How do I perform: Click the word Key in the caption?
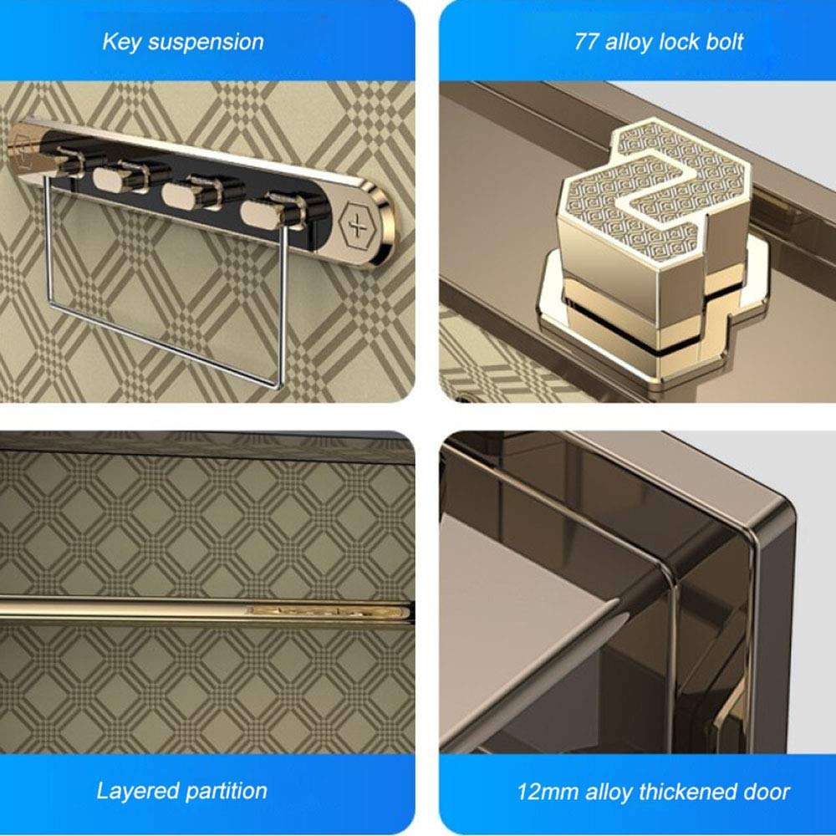point(120,42)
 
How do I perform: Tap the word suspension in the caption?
point(206,43)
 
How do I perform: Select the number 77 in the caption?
point(585,42)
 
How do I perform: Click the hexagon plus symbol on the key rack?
point(357,226)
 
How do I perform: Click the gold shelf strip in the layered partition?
point(206,609)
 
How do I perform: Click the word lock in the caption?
point(676,42)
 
